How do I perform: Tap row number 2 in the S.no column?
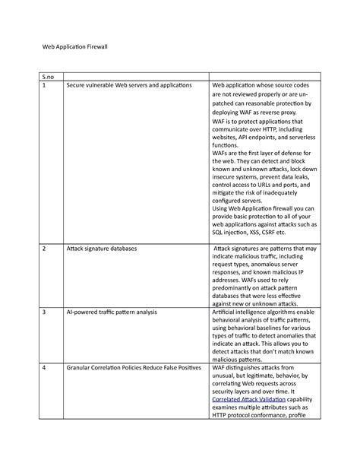[x=44, y=249]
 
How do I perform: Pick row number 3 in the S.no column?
[x=44, y=312]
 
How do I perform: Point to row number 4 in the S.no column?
[x=44, y=368]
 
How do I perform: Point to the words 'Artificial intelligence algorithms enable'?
[x=263, y=312]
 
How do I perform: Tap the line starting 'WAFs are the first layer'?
[x=263, y=152]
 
